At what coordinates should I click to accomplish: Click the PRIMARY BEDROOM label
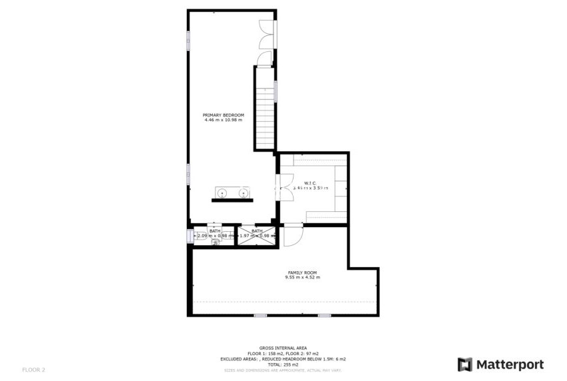(223, 115)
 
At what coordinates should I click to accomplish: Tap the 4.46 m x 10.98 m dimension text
(223, 120)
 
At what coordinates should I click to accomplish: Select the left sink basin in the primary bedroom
(223, 194)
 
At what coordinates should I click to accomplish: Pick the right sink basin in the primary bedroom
(243, 194)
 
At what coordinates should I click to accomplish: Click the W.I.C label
(310, 183)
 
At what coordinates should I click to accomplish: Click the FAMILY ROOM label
(302, 272)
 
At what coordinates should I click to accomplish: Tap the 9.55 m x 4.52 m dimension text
(302, 277)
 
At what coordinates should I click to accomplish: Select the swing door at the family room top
(293, 234)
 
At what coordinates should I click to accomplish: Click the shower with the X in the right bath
(257, 236)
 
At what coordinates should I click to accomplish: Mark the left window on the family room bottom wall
(259, 315)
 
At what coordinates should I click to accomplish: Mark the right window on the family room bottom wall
(324, 315)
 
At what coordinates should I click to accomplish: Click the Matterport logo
(500, 364)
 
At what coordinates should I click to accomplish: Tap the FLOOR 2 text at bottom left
(33, 369)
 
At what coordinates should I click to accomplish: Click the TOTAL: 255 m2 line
(283, 364)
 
